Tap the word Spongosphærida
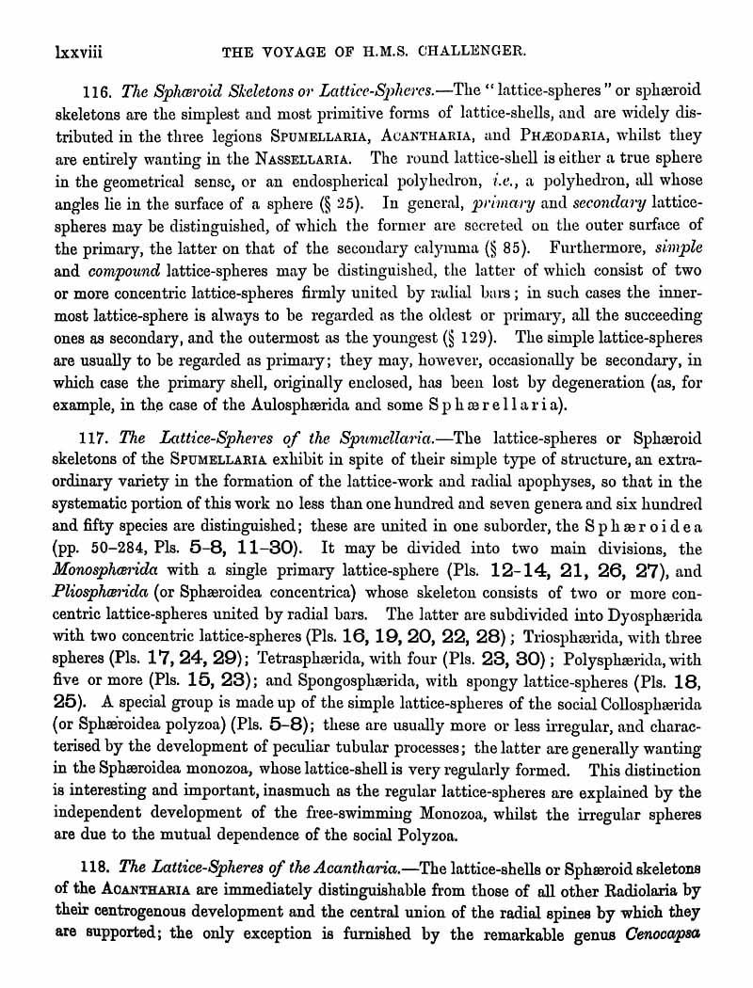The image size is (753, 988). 355,687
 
